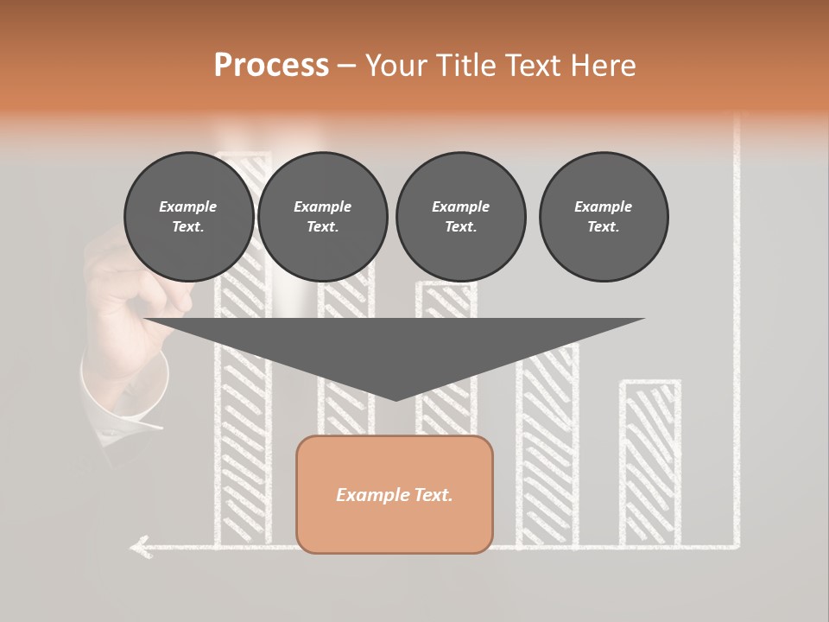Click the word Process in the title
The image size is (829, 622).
(271, 66)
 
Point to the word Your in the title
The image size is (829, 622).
(394, 66)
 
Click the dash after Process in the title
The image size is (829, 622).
(345, 67)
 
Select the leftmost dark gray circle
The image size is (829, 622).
(189, 217)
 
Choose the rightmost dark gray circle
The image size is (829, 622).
(604, 217)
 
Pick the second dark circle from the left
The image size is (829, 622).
(323, 217)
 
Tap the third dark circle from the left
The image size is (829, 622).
(460, 217)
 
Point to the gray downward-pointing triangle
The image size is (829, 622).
(395, 350)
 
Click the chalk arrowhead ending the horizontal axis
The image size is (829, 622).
(138, 546)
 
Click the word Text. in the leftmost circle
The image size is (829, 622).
(188, 227)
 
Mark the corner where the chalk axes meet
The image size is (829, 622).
(737, 546)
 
